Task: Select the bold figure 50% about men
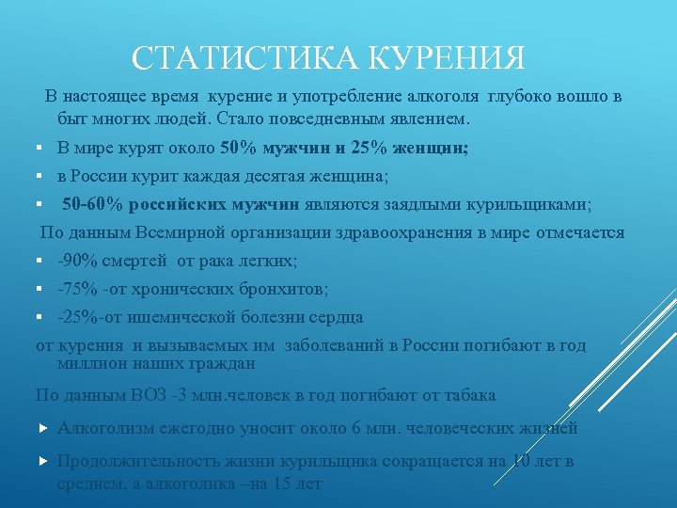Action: (x=238, y=148)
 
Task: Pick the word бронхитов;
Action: (x=287, y=289)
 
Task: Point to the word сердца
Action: (x=338, y=317)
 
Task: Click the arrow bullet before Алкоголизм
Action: (x=42, y=428)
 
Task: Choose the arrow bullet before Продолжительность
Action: (x=42, y=461)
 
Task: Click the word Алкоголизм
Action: (x=103, y=428)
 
